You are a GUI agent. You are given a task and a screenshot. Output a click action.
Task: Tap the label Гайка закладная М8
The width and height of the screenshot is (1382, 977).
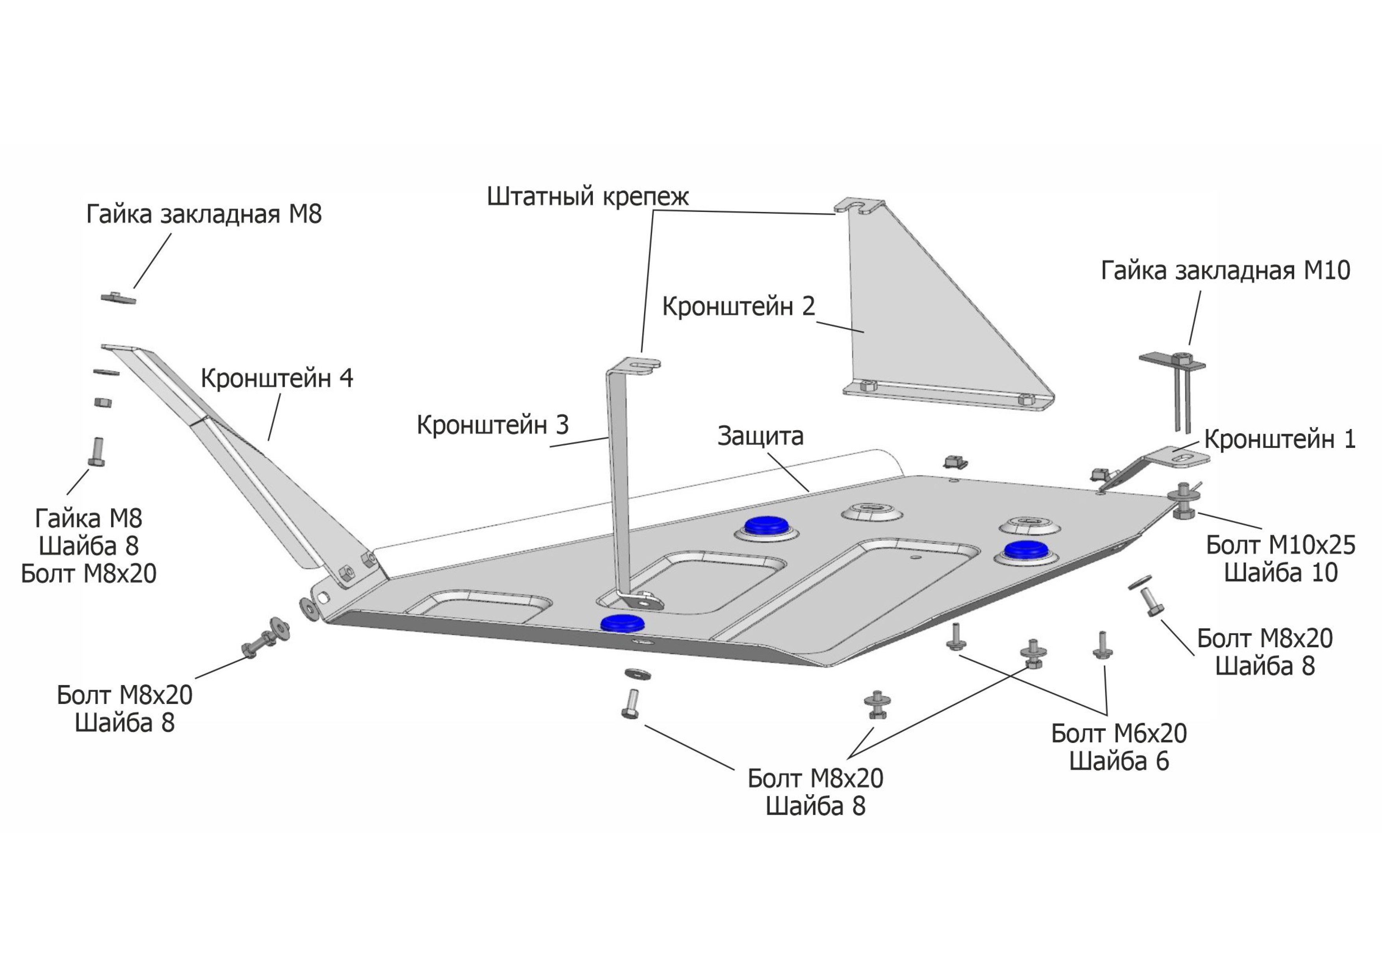pos(204,214)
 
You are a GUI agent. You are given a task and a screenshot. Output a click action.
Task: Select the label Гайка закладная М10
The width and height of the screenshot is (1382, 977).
pos(1226,271)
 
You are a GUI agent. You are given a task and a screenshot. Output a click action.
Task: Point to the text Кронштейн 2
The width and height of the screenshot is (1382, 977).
pos(739,306)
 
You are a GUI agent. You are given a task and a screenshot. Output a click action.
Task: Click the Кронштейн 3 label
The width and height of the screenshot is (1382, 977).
pos(492,425)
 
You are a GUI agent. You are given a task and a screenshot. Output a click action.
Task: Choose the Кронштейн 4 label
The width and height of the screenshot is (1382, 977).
pos(277,378)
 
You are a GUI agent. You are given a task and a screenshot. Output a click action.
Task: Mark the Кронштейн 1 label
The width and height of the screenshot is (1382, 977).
pos(1280,439)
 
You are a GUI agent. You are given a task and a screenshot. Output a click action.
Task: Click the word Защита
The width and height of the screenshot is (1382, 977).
pos(760,436)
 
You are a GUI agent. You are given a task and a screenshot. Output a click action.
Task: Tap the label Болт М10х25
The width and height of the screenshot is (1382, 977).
pos(1280,545)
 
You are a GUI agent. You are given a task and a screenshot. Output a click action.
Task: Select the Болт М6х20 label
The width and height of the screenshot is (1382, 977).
pos(1118,733)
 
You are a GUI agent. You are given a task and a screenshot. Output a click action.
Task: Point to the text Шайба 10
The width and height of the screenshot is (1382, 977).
pos(1281,572)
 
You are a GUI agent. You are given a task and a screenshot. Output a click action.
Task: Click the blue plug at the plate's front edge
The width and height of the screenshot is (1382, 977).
pos(622,623)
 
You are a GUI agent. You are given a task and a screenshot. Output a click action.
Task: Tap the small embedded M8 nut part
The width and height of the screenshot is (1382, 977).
pos(118,297)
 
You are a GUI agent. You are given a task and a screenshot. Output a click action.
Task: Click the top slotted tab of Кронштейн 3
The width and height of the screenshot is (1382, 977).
pos(639,364)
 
